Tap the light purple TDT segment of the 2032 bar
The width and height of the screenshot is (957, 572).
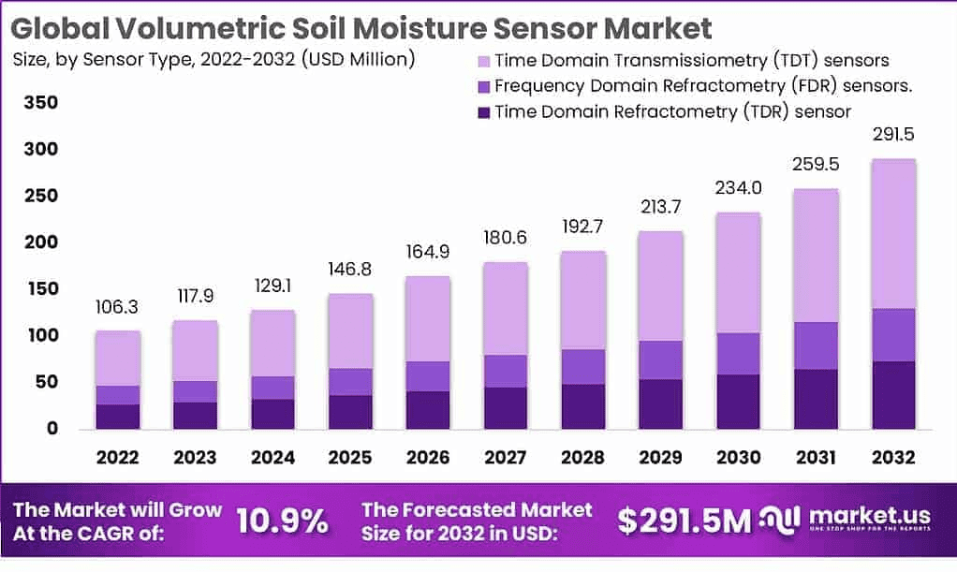[892, 234]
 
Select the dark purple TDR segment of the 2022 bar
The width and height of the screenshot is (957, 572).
[117, 417]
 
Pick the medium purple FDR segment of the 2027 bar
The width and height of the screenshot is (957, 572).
[506, 371]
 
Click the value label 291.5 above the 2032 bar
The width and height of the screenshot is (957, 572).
[892, 135]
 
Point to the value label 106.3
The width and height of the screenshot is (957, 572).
[117, 308]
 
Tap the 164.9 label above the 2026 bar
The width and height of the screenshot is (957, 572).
[428, 252]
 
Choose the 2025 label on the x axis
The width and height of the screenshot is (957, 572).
[350, 458]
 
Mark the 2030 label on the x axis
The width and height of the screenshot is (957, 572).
[738, 458]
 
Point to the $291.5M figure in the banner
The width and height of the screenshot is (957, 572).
[685, 521]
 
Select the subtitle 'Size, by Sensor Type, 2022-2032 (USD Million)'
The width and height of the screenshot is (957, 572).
[214, 60]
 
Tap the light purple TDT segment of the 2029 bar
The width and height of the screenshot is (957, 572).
[660, 286]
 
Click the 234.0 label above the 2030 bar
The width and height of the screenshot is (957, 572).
[738, 188]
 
